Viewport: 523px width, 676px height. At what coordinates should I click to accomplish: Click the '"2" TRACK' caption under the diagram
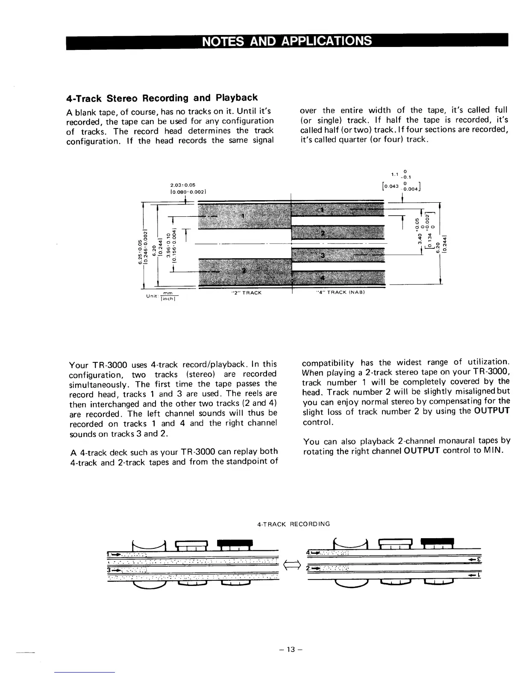point(246,293)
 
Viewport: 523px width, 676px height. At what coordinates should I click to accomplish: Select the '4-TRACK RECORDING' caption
point(294,524)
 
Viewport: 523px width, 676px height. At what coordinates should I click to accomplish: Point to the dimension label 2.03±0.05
point(182,185)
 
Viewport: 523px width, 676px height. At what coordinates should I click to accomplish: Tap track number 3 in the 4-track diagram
point(323,255)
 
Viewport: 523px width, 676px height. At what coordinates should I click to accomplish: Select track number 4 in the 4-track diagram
point(323,277)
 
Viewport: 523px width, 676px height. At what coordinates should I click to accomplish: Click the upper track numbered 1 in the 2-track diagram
point(243,215)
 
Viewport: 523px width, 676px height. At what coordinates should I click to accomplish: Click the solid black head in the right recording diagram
point(438,542)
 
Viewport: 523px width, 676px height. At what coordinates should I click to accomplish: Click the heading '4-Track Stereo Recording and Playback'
point(162,98)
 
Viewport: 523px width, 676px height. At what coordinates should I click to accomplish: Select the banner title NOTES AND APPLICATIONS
point(286,41)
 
